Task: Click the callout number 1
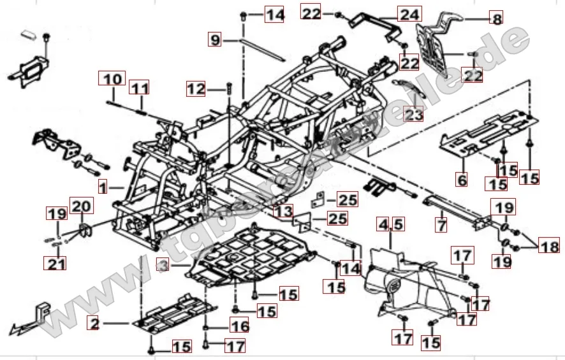[x=103, y=188]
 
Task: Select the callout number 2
[x=94, y=325]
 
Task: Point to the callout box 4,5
[x=390, y=224]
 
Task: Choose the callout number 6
[x=462, y=180]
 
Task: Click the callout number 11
[x=140, y=87]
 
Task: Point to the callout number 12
[x=196, y=89]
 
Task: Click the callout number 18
[x=548, y=244]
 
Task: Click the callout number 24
[x=407, y=13]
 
